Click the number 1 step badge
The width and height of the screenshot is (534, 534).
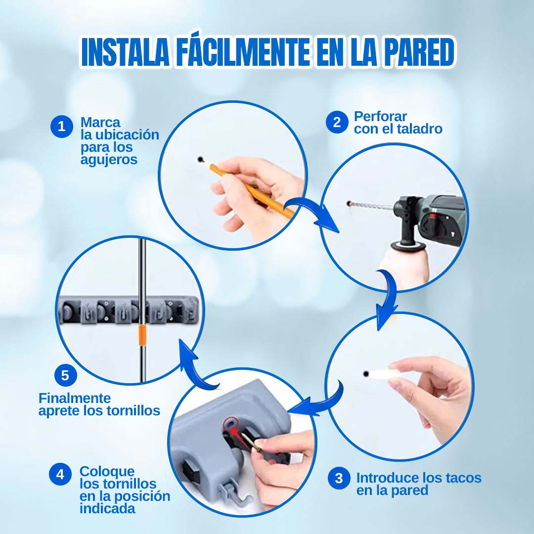62,127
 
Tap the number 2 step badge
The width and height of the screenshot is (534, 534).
337,122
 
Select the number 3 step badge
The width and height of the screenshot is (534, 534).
339,478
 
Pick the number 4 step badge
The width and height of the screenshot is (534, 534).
60,474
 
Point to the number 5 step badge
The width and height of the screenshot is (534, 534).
65,375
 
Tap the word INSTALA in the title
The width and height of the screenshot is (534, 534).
125,52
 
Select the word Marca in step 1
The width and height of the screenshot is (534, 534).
100,122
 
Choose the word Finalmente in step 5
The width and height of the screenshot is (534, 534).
75,398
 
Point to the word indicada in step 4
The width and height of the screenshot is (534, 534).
108,508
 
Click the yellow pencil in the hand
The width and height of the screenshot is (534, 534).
252,192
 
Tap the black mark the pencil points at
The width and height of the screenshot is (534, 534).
200,159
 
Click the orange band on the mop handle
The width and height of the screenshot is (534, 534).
142,335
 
